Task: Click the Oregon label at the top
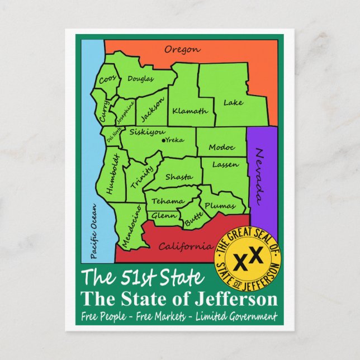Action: (182, 50)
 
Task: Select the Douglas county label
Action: (140, 79)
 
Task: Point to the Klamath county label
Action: (190, 111)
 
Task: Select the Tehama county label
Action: (168, 201)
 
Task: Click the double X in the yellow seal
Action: (247, 259)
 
